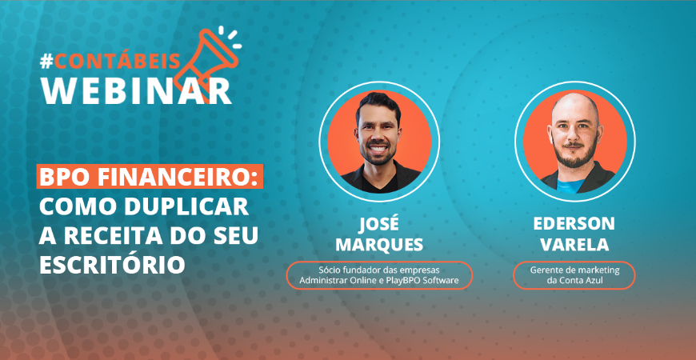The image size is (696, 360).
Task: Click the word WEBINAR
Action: coord(136,90)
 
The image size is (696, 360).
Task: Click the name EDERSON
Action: coord(574,222)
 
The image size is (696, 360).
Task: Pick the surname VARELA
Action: coord(574,242)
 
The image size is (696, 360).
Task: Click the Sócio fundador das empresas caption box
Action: coord(379,275)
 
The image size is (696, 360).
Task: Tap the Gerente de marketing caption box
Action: coord(574,275)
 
